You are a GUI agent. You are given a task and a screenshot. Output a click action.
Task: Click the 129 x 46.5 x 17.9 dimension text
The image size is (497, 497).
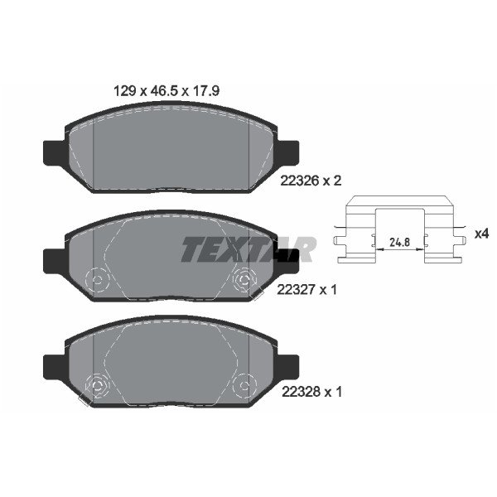pos(166,91)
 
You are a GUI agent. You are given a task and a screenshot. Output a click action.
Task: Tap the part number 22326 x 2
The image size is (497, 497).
pos(311,181)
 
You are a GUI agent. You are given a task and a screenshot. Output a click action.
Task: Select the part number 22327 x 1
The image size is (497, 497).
pos(306,289)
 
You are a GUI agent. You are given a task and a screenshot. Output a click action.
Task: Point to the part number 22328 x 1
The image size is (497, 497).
pos(312,392)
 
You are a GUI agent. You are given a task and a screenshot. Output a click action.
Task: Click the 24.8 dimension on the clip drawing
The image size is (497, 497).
pos(399,243)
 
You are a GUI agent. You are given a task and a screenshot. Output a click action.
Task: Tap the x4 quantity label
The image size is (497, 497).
pos(482,234)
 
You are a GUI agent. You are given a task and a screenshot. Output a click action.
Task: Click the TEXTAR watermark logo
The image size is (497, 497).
pos(248,249)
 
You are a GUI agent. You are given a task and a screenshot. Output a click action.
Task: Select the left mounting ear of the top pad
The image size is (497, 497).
pos(55,153)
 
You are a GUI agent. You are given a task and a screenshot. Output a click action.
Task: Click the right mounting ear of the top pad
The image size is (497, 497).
pos(287,153)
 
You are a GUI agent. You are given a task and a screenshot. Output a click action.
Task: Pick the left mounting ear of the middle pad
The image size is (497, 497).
pos(55,261)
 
